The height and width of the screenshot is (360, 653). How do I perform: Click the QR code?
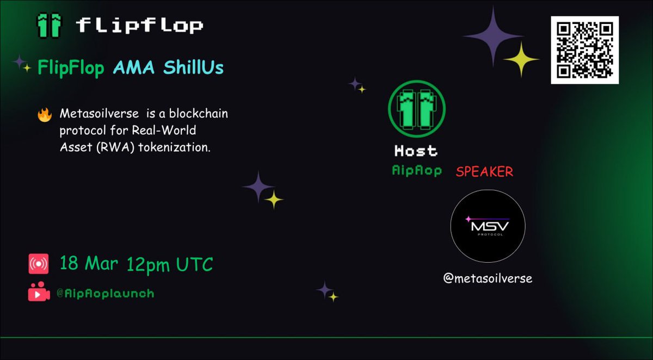coord(584,50)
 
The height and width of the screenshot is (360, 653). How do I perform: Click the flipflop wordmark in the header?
coord(139,25)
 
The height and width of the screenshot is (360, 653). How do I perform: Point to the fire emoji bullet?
coord(44,115)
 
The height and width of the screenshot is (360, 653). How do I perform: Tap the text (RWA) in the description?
coord(99,148)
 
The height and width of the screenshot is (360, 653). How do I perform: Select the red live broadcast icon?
coord(39,264)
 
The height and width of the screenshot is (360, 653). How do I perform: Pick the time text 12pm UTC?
coord(170,264)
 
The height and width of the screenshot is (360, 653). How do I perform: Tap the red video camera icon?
coord(39,293)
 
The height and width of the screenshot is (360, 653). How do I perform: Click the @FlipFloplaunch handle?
coord(105,294)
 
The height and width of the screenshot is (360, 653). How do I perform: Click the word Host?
coord(416,151)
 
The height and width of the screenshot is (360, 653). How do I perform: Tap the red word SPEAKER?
coord(484,172)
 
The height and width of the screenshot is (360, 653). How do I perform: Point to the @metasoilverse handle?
coord(488,278)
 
